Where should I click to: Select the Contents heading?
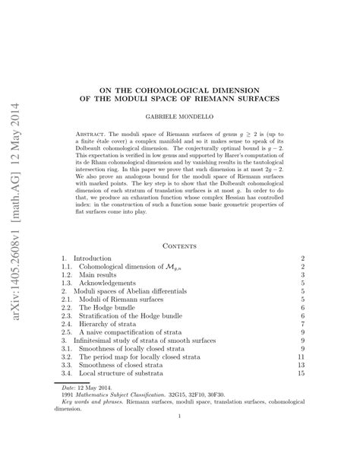[x=180, y=244]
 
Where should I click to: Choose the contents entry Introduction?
[x=93, y=259]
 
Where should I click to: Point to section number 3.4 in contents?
[x=67, y=374]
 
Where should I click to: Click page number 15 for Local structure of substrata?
[x=302, y=374]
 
